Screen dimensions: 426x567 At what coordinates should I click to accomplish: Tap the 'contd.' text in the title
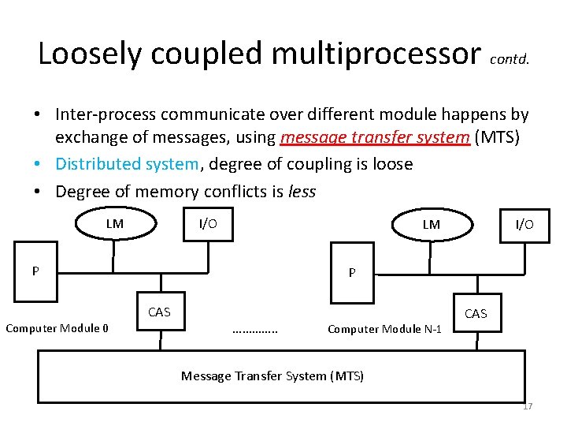(x=515, y=58)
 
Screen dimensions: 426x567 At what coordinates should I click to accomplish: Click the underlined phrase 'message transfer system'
(x=375, y=138)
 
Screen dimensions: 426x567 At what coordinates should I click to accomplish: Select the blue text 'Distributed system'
(x=127, y=164)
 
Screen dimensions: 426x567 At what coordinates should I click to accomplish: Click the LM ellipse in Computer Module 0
(x=115, y=223)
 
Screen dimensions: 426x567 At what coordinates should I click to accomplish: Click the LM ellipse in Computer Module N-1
(x=431, y=225)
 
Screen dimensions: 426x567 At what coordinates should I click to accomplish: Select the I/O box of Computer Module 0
(x=208, y=223)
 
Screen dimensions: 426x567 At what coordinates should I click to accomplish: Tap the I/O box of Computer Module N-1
(x=524, y=225)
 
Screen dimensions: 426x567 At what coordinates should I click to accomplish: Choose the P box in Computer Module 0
(x=35, y=271)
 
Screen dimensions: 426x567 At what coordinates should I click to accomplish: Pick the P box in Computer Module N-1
(x=352, y=273)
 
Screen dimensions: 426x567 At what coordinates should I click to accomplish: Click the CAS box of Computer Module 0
(x=160, y=312)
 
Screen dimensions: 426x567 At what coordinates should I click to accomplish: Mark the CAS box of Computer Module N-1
(x=476, y=314)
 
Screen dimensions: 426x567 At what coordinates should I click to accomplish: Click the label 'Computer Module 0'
(x=57, y=328)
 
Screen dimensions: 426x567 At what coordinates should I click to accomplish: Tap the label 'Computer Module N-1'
(x=384, y=329)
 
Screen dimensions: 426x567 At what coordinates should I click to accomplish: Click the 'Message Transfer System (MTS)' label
(x=272, y=376)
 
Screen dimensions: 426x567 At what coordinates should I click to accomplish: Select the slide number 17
(x=527, y=406)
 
